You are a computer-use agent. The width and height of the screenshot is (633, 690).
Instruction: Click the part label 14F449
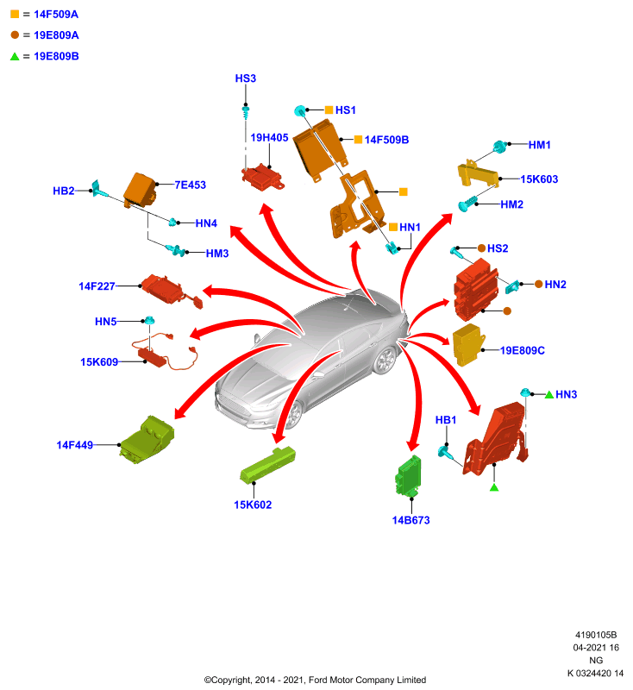(75, 445)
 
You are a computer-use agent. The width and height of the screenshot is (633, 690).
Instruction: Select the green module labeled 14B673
(408, 477)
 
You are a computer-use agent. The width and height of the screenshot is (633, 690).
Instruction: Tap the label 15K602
(253, 505)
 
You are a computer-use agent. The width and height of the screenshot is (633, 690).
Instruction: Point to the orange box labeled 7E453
(140, 190)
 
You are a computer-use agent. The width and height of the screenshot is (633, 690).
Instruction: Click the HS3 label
(246, 78)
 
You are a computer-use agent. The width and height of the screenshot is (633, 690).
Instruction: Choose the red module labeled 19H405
(263, 178)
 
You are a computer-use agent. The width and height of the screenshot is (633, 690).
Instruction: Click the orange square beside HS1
(329, 110)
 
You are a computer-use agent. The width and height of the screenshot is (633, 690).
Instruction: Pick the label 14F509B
(386, 140)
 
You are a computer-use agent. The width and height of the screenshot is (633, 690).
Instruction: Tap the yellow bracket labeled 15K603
(478, 174)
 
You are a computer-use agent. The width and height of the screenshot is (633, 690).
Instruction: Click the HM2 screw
(467, 204)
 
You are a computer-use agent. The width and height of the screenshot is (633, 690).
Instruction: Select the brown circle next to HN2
(538, 285)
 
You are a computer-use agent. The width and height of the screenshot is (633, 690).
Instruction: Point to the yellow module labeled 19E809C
(468, 344)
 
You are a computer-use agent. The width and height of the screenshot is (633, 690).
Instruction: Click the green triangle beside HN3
(549, 395)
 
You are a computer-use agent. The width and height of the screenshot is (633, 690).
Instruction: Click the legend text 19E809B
(56, 56)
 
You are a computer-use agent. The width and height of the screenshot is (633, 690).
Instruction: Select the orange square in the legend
(15, 14)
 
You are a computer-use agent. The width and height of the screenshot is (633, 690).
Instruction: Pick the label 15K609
(99, 362)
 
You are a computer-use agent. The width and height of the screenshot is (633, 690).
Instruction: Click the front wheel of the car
(292, 415)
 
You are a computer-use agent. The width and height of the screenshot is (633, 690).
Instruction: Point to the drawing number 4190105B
(596, 635)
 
